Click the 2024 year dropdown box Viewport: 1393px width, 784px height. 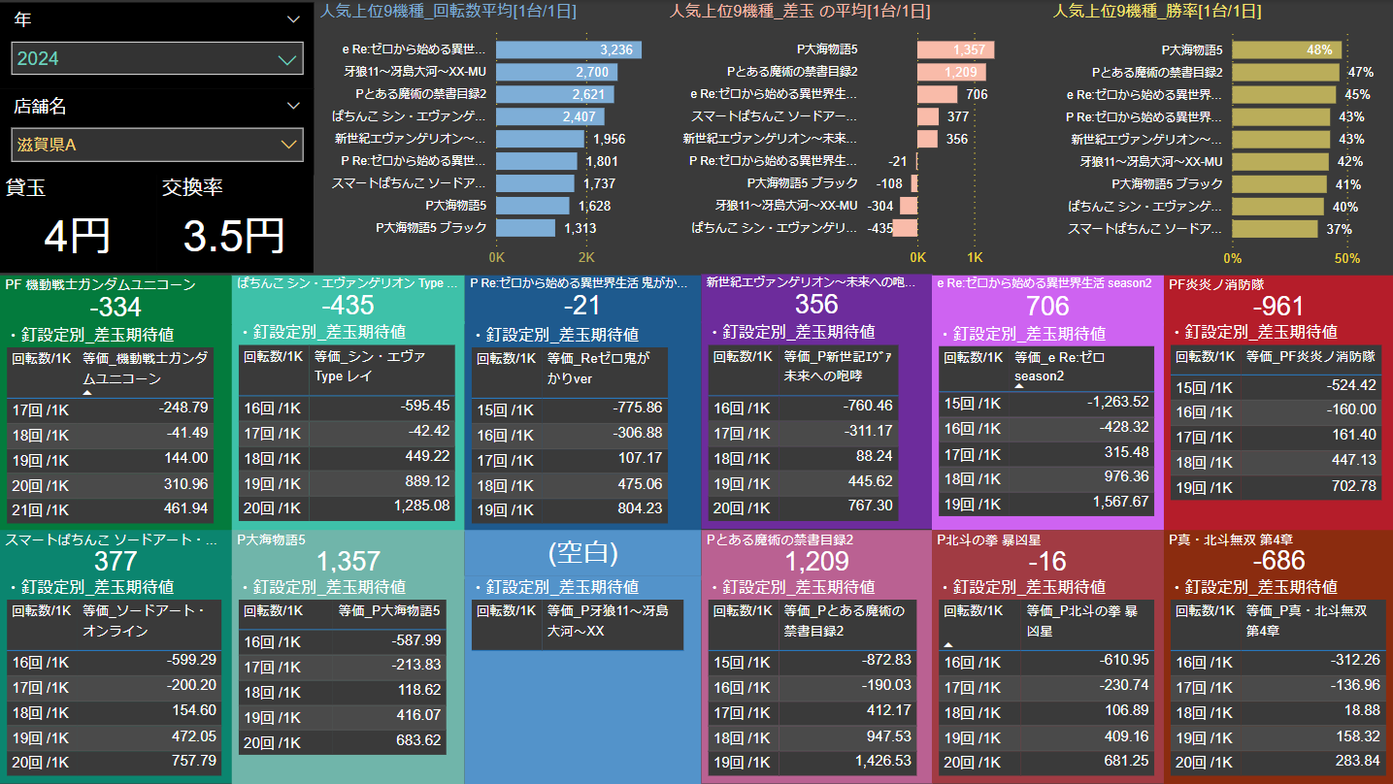click(156, 59)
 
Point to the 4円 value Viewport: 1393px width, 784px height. click(77, 236)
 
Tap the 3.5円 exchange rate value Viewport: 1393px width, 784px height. click(233, 236)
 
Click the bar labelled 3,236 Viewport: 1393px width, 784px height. click(568, 49)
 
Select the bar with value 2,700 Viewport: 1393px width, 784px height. click(555, 72)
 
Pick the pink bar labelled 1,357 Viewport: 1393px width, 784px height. click(952, 49)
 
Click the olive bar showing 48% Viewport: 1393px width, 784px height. click(1286, 49)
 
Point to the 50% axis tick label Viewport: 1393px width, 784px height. click(1346, 258)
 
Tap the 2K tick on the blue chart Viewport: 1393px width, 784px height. click(586, 258)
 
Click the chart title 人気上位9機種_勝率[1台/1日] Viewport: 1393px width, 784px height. click(1157, 12)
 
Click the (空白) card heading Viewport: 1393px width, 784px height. click(582, 552)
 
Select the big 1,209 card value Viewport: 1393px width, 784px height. click(816, 561)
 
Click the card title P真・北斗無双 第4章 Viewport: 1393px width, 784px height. click(1230, 539)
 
